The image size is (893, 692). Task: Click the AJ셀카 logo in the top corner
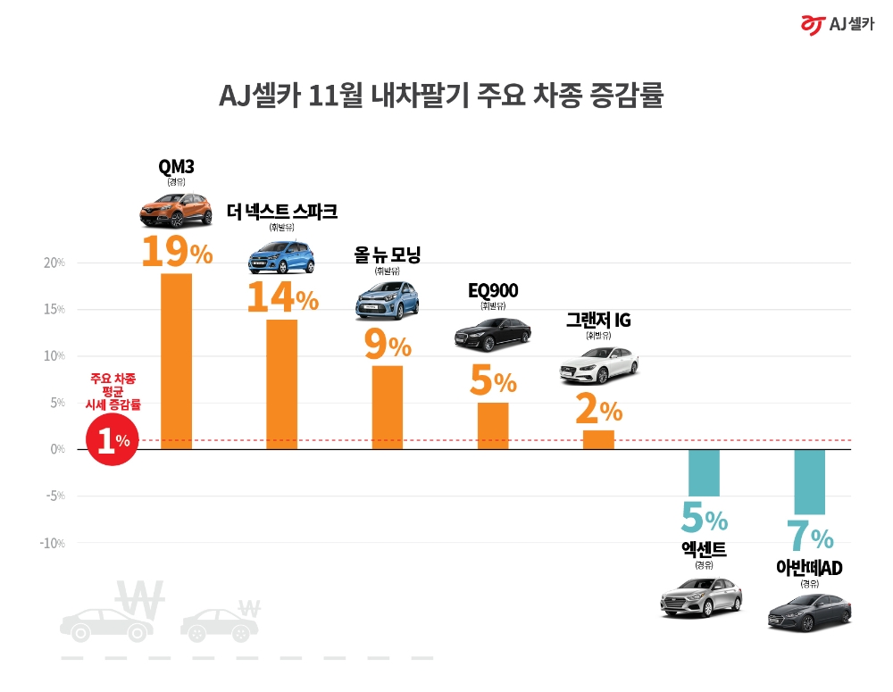click(x=837, y=25)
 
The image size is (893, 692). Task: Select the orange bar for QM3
click(x=176, y=361)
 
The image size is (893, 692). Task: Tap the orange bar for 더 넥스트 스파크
click(x=282, y=384)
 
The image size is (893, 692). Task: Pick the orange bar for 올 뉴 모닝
click(x=388, y=407)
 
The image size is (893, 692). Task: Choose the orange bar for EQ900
click(x=493, y=426)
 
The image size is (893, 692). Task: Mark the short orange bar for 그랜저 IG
click(x=598, y=439)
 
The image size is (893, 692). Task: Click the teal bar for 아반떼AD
click(x=810, y=482)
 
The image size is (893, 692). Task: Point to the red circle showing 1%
click(x=112, y=440)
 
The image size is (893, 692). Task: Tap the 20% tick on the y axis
click(x=54, y=263)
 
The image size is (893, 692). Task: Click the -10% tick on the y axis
click(x=53, y=543)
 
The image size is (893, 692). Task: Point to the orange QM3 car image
click(x=176, y=210)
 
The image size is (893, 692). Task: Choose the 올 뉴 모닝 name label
click(x=387, y=255)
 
